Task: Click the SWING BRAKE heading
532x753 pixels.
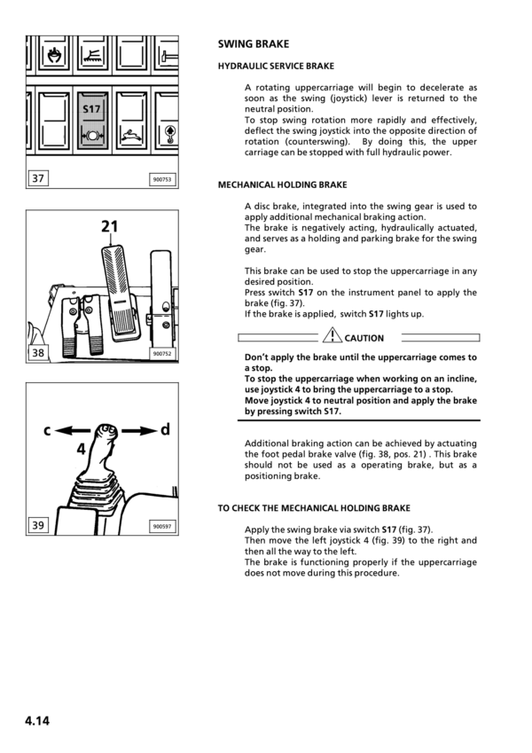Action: click(x=254, y=43)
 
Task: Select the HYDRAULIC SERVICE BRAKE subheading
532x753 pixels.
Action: click(x=276, y=67)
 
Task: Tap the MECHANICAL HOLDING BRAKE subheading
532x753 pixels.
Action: click(x=282, y=185)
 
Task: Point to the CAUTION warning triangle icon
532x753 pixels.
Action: click(x=332, y=336)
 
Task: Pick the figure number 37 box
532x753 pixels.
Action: click(x=38, y=179)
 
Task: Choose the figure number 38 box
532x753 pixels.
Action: click(x=38, y=353)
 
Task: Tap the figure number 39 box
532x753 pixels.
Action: click(x=38, y=526)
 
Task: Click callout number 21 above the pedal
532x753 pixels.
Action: click(x=109, y=227)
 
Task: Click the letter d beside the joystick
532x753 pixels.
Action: click(x=165, y=431)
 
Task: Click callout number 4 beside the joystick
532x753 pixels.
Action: click(x=81, y=449)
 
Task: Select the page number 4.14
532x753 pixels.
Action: click(x=37, y=720)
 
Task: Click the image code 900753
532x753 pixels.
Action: click(x=161, y=180)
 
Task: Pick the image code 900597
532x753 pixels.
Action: click(x=161, y=527)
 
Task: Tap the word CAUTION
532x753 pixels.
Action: click(x=364, y=338)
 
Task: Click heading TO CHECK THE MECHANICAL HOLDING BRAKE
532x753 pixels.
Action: click(x=314, y=508)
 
